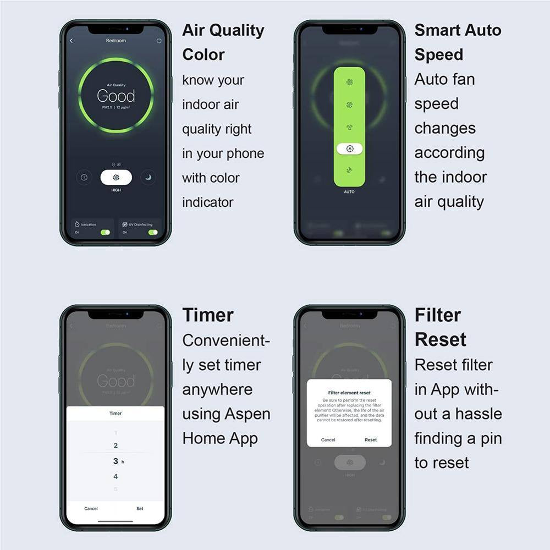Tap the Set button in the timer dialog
click(140, 508)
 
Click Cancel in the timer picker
click(91, 508)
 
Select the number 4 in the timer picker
click(116, 476)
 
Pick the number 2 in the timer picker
click(116, 446)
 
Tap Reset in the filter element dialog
click(371, 439)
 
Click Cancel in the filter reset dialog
click(328, 439)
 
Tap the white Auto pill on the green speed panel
click(349, 148)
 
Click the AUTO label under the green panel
click(349, 192)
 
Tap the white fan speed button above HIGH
click(116, 177)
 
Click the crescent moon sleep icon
click(148, 177)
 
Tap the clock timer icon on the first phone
click(84, 177)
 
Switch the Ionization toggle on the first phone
click(105, 232)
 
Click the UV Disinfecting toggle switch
click(152, 232)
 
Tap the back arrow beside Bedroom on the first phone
click(71, 41)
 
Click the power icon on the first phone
click(159, 41)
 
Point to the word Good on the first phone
click(116, 96)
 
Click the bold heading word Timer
click(208, 315)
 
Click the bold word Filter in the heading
click(438, 315)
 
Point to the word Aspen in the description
click(249, 414)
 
